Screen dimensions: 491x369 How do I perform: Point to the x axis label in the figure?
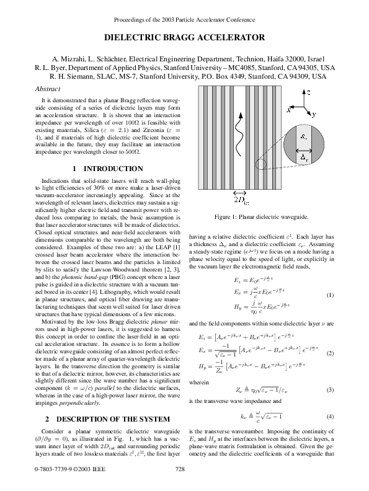(x=288, y=109)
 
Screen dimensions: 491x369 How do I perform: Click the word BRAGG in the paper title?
(x=189, y=38)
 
